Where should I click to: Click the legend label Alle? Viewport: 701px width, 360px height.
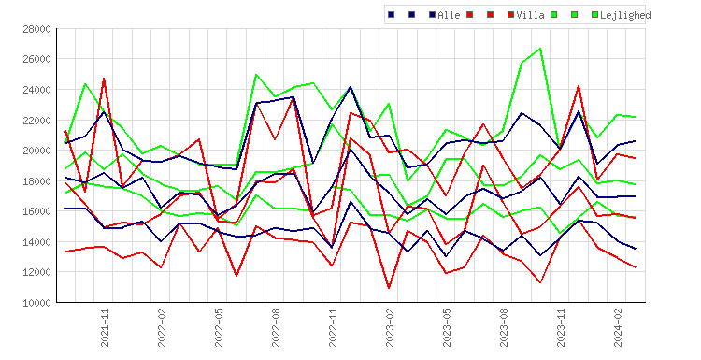click(x=449, y=15)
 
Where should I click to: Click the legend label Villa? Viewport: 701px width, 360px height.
click(x=530, y=15)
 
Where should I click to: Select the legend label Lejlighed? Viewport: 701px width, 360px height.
click(x=625, y=15)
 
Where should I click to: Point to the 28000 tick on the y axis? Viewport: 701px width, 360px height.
click(x=36, y=29)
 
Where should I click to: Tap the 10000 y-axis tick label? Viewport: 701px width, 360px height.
click(x=36, y=303)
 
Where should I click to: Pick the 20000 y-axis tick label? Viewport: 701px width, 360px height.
click(x=36, y=151)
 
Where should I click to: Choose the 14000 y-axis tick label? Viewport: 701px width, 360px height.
click(x=36, y=242)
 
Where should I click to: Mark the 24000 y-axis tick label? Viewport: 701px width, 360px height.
click(x=36, y=90)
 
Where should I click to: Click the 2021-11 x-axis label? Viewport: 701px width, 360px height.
click(x=105, y=327)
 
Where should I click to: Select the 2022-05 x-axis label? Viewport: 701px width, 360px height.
click(x=219, y=327)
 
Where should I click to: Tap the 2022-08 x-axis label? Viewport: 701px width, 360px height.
click(x=276, y=327)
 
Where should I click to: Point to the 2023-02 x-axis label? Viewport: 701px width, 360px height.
click(x=390, y=327)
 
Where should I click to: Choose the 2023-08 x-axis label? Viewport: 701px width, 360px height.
click(x=504, y=327)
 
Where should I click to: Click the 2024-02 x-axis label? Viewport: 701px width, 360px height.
click(x=618, y=327)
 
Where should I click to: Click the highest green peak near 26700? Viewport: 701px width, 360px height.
click(x=540, y=49)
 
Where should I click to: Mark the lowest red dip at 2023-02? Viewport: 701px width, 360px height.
click(x=389, y=288)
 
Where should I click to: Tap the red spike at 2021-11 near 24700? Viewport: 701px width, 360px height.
click(x=104, y=79)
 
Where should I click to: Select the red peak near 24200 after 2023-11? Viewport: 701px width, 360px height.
click(x=579, y=86)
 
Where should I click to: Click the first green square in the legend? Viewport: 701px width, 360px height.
click(x=554, y=15)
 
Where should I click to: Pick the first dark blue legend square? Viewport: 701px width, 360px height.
click(x=392, y=15)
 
